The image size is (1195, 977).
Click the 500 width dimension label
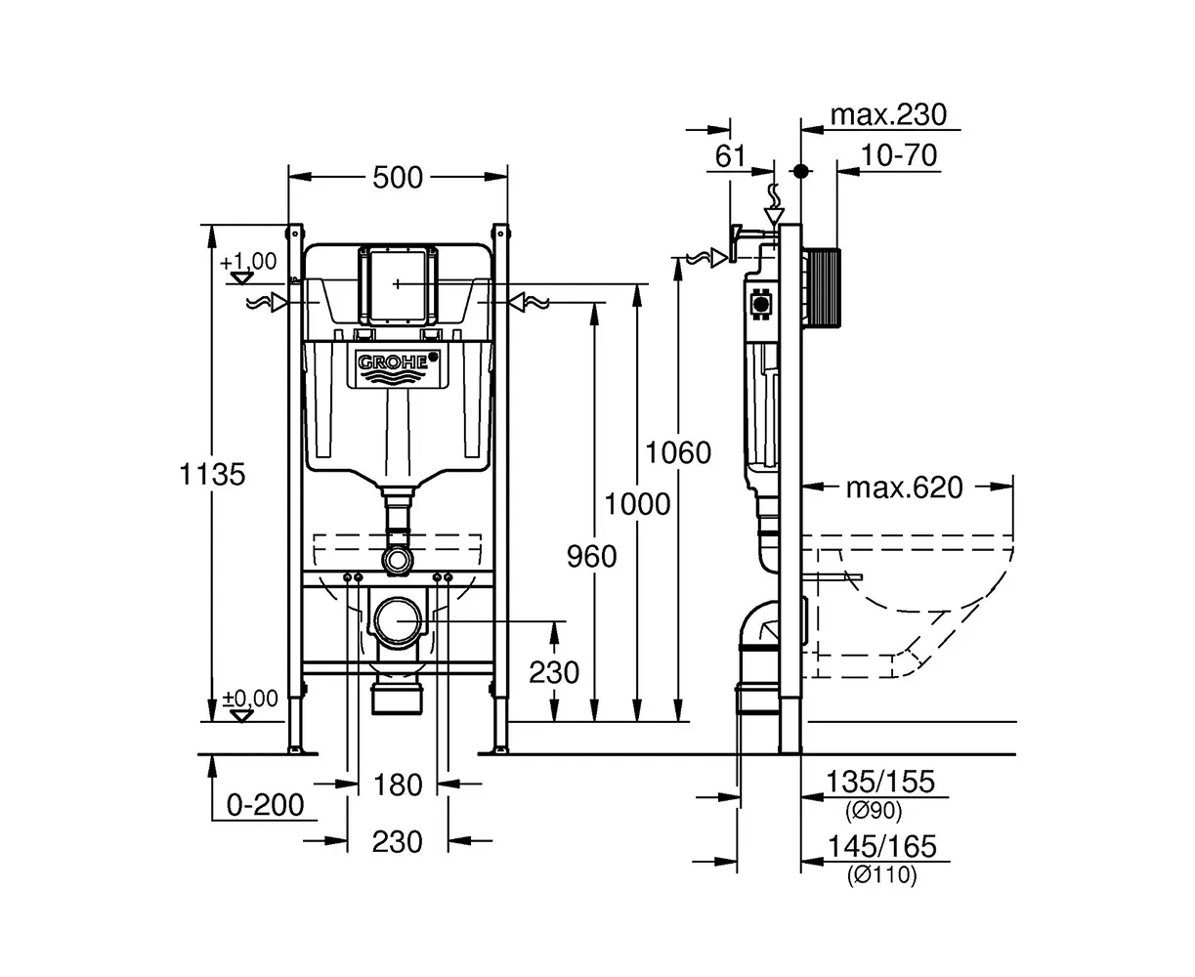[399, 177]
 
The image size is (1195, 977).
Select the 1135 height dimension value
[212, 474]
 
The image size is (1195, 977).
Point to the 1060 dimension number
[679, 452]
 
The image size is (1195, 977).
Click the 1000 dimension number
[637, 504]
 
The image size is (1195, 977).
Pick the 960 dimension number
[592, 556]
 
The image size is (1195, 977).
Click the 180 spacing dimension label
[399, 784]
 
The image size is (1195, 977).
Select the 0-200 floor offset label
[265, 805]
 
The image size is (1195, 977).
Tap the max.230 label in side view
[888, 115]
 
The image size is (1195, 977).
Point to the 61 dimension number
[730, 155]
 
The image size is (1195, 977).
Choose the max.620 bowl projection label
[904, 487]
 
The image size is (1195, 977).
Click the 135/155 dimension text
[880, 782]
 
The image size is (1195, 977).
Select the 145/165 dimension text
[881, 846]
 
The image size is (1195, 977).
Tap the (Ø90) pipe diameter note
[873, 811]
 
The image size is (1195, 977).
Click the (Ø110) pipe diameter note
[881, 876]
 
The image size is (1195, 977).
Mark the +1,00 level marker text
[248, 262]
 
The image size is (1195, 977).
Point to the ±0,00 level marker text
[250, 699]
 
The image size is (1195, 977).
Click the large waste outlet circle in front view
[399, 620]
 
